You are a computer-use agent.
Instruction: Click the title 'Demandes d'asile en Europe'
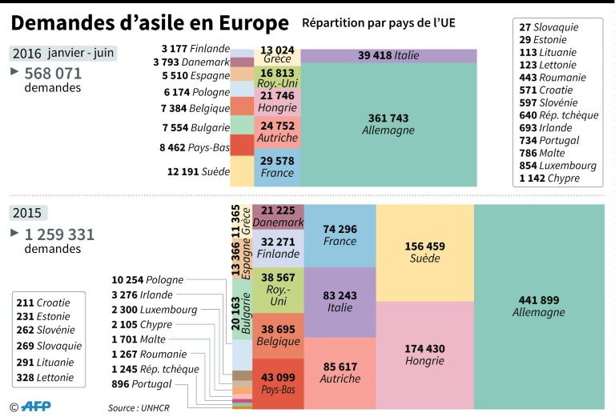150,22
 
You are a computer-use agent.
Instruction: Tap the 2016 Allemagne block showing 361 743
388,124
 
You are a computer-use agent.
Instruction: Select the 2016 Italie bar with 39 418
388,55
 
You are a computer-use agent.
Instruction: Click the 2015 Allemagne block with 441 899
539,306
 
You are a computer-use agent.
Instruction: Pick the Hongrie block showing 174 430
424,355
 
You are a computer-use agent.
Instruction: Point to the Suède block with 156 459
424,252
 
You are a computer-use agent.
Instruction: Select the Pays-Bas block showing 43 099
277,383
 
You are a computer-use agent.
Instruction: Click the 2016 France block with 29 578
277,166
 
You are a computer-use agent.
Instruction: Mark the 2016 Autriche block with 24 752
277,131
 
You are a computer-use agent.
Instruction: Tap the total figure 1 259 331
59,235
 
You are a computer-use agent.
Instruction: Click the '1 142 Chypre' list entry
549,178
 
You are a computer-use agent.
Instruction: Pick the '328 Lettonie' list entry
49,376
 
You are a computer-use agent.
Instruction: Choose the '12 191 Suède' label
198,171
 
